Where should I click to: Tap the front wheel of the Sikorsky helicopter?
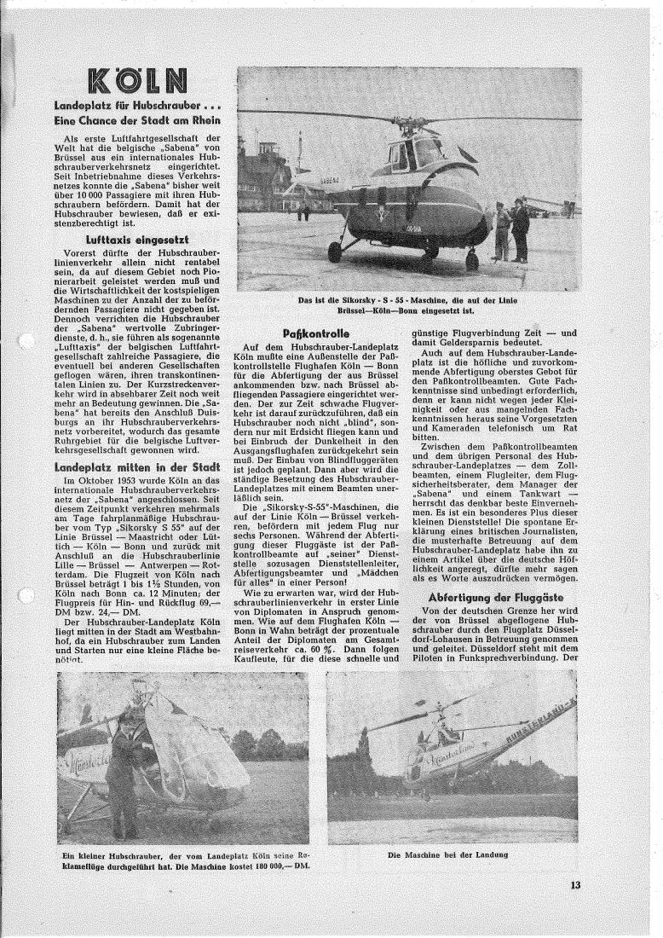click(x=335, y=252)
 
